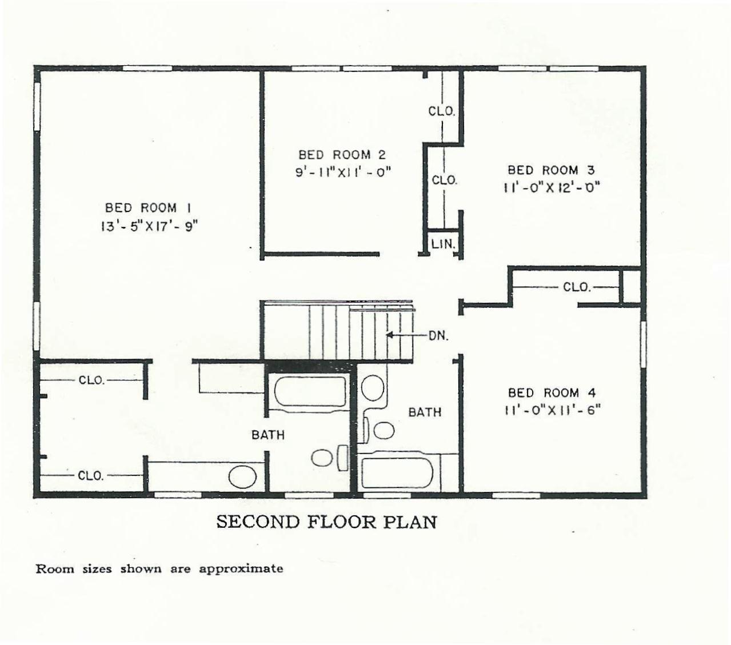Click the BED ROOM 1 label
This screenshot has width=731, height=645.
point(148,208)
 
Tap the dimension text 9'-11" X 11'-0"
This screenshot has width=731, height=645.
point(343,172)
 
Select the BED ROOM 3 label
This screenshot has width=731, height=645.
point(550,170)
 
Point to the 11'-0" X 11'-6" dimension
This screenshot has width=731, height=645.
point(553,410)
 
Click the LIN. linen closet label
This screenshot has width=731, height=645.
point(443,244)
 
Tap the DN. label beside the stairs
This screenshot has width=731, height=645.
point(438,336)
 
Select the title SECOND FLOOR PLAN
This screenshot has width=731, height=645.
point(326,522)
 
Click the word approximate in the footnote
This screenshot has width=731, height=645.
point(241,569)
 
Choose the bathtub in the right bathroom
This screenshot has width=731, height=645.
point(397,473)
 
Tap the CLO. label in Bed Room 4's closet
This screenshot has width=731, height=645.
point(576,287)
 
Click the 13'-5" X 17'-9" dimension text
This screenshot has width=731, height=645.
point(149,227)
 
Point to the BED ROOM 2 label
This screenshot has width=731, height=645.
point(342,155)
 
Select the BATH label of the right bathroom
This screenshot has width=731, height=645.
point(425,412)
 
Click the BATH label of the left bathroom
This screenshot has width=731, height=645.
point(268,435)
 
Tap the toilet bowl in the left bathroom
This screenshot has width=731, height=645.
point(322,458)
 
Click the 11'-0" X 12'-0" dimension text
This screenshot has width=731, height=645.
point(552,187)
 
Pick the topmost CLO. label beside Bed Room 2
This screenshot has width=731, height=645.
point(442,111)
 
